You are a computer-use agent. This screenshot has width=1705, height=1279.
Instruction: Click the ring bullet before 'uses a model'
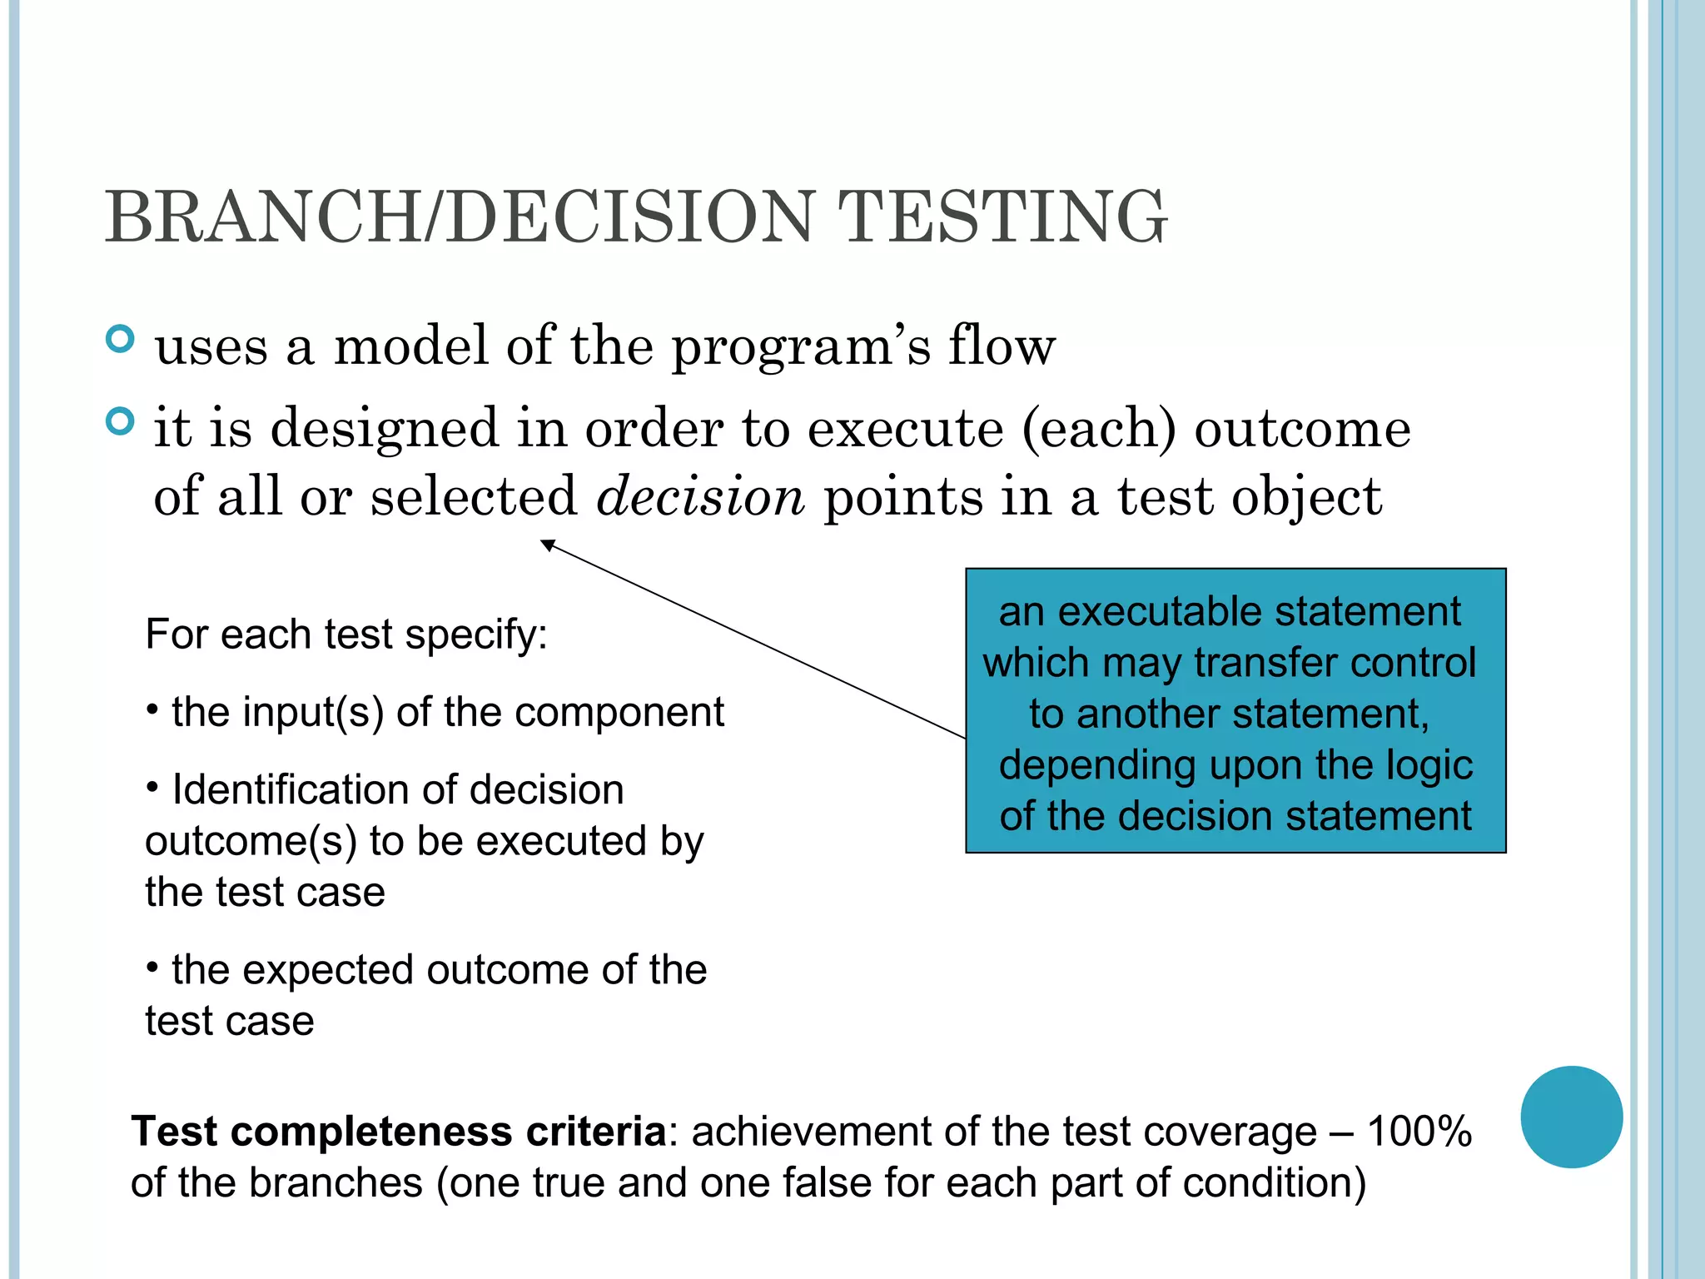[121, 339]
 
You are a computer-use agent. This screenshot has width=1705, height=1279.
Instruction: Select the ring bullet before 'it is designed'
[121, 421]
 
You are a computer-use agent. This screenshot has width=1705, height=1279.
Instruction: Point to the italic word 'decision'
[700, 496]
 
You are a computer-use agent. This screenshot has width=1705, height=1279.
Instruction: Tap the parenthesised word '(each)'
[1099, 430]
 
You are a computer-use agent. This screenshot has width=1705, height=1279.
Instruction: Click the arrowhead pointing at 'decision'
[548, 545]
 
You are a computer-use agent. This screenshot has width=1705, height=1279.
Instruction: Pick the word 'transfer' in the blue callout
[1265, 664]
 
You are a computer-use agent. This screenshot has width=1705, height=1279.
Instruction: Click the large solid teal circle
[1571, 1117]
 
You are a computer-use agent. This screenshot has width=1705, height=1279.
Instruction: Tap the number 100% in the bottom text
[1419, 1132]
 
